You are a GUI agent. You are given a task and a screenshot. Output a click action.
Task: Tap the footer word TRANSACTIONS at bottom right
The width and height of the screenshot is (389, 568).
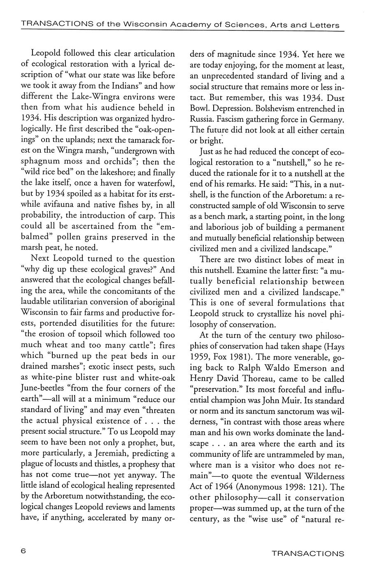(x=308, y=554)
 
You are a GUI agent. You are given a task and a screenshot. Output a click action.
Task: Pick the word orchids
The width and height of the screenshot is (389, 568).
(x=123, y=162)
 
